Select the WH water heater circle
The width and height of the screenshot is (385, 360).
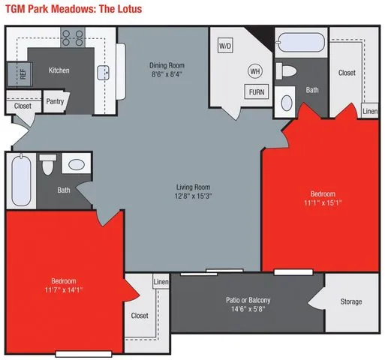[254, 71]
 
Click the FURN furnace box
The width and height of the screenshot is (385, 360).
[255, 92]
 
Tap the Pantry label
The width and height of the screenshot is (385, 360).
[54, 102]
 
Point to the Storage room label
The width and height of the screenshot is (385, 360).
[350, 301]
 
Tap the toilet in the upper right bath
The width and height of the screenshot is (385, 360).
[287, 72]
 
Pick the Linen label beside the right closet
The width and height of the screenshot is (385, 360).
[370, 112]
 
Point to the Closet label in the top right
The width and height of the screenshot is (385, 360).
[347, 73]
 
